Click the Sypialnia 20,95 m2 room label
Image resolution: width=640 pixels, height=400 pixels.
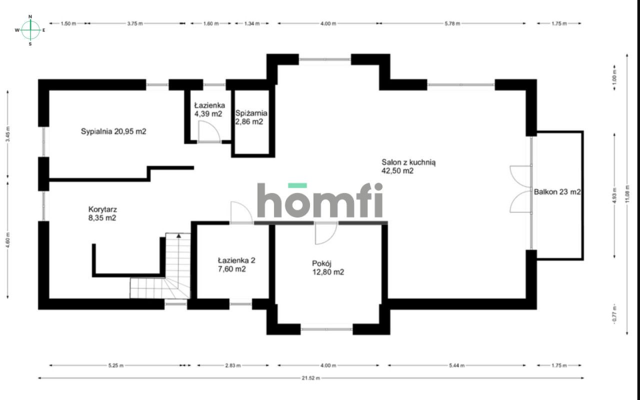click(113, 131)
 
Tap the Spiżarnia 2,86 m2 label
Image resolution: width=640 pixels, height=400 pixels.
click(251, 117)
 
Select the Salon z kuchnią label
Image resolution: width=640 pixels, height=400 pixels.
click(408, 166)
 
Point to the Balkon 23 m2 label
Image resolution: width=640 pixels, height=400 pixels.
click(557, 191)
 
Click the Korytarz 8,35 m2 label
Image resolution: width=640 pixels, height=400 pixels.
click(102, 213)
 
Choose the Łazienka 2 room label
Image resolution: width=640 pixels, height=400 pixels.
click(236, 264)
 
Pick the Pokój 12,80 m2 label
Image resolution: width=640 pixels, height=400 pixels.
click(328, 267)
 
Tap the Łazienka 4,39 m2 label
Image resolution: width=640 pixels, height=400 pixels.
click(209, 109)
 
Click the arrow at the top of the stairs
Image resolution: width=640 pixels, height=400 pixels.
click(178, 236)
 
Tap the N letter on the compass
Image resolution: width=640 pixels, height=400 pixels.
click(30, 16)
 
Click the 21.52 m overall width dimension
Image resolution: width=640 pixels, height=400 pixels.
click(311, 378)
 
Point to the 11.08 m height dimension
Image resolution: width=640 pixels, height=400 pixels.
click(627, 194)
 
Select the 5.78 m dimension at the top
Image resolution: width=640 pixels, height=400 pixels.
click(452, 23)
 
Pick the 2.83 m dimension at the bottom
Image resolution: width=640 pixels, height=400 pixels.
click(233, 365)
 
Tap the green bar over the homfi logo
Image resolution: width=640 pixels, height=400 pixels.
click(297, 185)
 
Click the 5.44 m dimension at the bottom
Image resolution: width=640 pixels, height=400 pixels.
click(456, 365)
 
